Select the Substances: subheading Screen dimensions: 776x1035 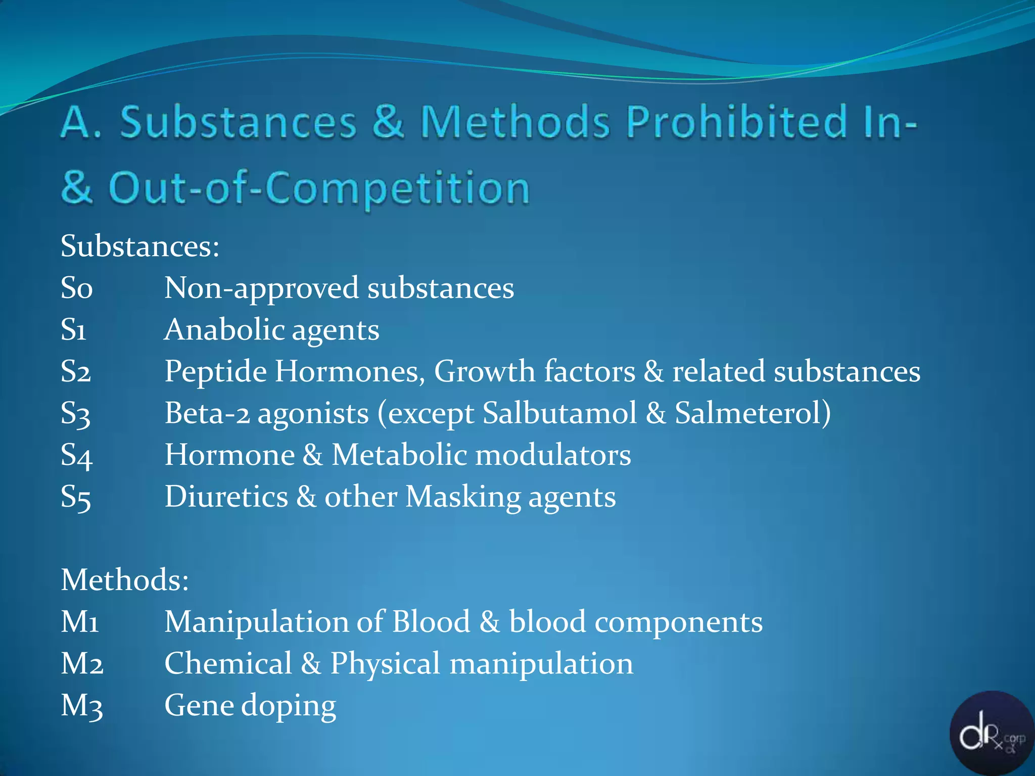point(140,247)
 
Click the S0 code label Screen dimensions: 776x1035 point(76,288)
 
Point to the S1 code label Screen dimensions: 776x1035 point(74,330)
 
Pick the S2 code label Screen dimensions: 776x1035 point(76,372)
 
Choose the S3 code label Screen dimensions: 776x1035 point(76,414)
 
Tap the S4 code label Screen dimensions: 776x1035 point(76,455)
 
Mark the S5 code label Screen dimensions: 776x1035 point(76,497)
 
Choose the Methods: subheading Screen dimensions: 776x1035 point(125,579)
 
